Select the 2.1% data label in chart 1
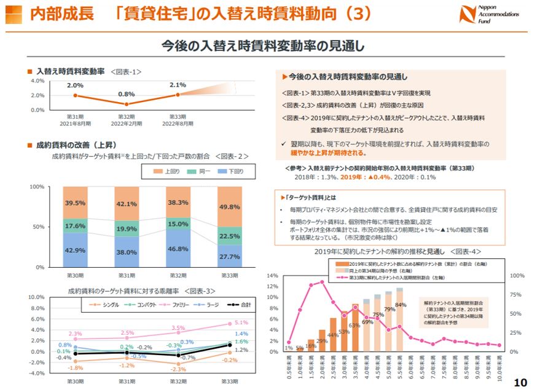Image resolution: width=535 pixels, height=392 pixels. (x=178, y=85)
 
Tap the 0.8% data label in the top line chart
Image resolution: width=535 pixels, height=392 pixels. (x=126, y=94)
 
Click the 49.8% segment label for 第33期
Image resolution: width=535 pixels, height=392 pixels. (x=228, y=206)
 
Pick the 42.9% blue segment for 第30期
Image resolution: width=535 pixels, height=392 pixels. (x=75, y=250)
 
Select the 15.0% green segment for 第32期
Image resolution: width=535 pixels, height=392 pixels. (x=178, y=224)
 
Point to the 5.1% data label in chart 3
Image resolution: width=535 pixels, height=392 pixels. (x=241, y=322)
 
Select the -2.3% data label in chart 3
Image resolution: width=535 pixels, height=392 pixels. (x=178, y=369)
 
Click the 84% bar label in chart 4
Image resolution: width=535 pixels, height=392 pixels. (x=400, y=305)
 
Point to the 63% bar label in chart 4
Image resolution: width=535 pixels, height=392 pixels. (x=354, y=325)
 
